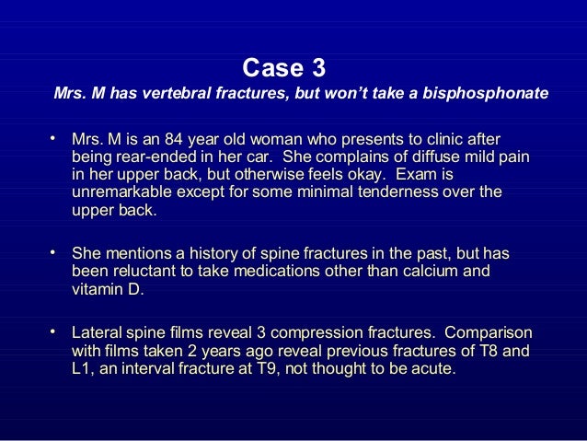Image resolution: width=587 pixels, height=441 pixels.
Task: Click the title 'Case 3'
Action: pos(282,68)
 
